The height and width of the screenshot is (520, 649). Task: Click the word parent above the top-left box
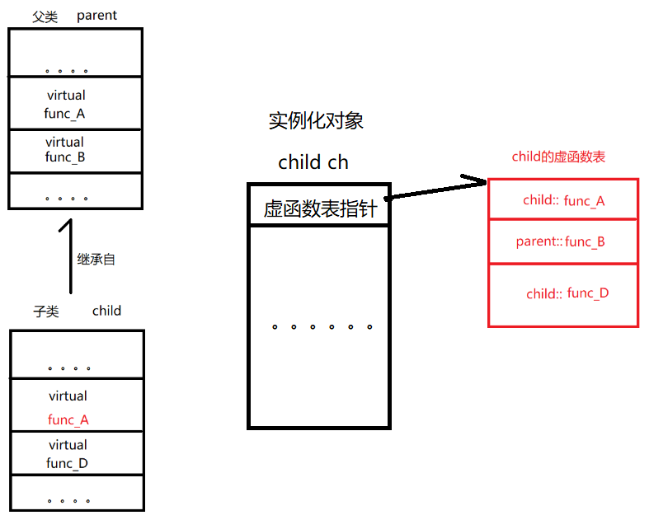pyautogui.click(x=96, y=16)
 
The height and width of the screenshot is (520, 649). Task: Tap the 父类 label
pyautogui.click(x=45, y=16)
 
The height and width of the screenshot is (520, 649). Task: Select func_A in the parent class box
pyautogui.click(x=64, y=114)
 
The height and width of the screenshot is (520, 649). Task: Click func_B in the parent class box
pyautogui.click(x=65, y=157)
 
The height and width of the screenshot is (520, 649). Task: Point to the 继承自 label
pyautogui.click(x=96, y=259)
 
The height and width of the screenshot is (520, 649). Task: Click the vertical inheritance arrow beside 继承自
pyautogui.click(x=71, y=255)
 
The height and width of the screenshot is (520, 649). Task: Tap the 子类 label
pyautogui.click(x=46, y=311)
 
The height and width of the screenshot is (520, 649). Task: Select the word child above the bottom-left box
pyautogui.click(x=106, y=311)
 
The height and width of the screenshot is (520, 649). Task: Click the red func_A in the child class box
pyautogui.click(x=68, y=420)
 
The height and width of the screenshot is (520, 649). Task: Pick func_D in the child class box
pyautogui.click(x=67, y=463)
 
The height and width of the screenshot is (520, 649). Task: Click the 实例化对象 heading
pyautogui.click(x=316, y=121)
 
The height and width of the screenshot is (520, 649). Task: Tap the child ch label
pyautogui.click(x=313, y=162)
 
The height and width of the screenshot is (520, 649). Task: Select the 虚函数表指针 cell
pyautogui.click(x=320, y=208)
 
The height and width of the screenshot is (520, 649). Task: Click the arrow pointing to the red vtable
pyautogui.click(x=437, y=189)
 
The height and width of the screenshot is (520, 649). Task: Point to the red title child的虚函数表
pyautogui.click(x=559, y=157)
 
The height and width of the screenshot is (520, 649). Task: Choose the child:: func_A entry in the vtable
pyautogui.click(x=563, y=200)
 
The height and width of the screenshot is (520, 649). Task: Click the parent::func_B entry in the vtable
pyautogui.click(x=561, y=242)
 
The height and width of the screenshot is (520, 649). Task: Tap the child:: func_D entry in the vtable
pyautogui.click(x=567, y=293)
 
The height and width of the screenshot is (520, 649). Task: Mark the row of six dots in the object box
pyautogui.click(x=322, y=327)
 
